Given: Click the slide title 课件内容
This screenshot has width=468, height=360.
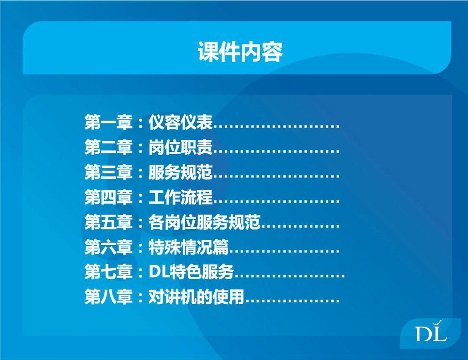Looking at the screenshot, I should (240, 52).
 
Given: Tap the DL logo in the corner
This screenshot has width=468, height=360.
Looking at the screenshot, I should (431, 333).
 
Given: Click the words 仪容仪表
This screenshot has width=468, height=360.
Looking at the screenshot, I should (181, 123).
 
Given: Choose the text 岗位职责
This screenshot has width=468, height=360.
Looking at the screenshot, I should (181, 148).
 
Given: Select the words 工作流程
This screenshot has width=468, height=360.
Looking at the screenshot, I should (181, 198).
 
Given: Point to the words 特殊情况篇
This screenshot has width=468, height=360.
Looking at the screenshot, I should (189, 248).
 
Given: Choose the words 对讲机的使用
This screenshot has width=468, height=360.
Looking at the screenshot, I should (197, 298).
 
